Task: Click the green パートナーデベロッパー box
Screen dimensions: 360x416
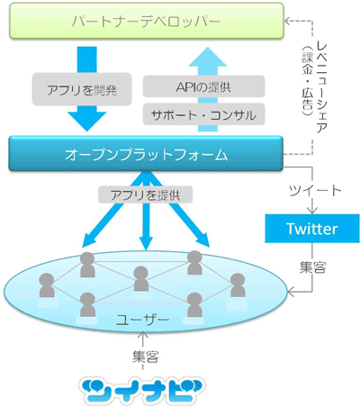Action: point(147,21)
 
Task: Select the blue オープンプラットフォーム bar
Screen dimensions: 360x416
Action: point(146,154)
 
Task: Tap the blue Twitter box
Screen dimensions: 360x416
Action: point(312,229)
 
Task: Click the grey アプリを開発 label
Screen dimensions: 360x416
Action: point(82,89)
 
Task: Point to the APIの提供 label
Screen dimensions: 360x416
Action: point(203,86)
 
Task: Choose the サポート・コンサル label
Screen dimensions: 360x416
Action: point(203,114)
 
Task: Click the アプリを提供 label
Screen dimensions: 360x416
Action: point(146,195)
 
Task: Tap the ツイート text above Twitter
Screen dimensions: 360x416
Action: point(315,190)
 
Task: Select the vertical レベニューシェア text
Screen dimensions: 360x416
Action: point(321,87)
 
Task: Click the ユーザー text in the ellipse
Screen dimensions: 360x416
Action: point(143,320)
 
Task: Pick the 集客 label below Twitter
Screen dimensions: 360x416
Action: point(312,267)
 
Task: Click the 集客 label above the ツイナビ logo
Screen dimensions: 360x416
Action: point(146,357)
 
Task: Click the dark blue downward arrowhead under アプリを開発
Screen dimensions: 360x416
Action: point(87,122)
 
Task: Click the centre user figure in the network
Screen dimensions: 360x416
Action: point(141,278)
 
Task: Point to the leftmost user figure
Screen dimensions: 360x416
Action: point(47,285)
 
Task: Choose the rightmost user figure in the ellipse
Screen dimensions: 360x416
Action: point(238,285)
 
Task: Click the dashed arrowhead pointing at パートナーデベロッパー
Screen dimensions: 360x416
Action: point(287,21)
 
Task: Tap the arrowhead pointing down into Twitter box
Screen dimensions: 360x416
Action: point(312,210)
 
